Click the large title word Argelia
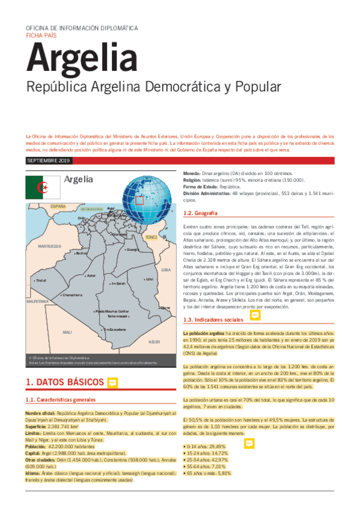coord(81,58)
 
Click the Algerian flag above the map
coord(42,187)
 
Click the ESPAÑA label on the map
coord(58,206)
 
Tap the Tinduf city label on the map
coord(41,280)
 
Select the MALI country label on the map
coord(67,331)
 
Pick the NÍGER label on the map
coord(154,341)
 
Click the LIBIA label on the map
coord(166,270)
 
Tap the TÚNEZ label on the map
coord(151,238)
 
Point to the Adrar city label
coord(91,275)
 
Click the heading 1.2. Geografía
coord(200,214)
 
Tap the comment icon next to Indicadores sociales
coord(254,316)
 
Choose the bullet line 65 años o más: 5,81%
coord(207,473)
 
